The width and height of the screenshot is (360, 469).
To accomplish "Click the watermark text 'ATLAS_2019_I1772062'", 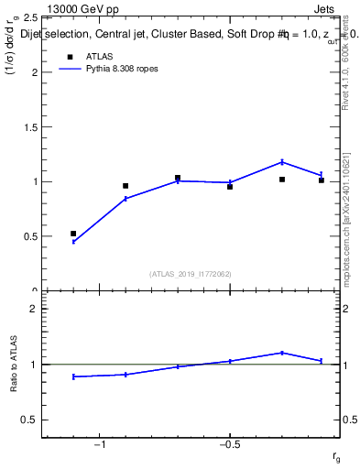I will point(191,273).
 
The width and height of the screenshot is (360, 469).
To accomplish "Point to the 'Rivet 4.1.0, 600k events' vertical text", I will point(345,64).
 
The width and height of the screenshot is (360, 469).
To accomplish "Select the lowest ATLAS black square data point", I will point(73,234).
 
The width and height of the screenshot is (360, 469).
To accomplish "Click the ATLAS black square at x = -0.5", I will point(230,186).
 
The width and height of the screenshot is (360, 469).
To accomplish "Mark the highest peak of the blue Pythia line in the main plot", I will point(282,162).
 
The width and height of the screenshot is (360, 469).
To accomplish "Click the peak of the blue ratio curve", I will point(282,353).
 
